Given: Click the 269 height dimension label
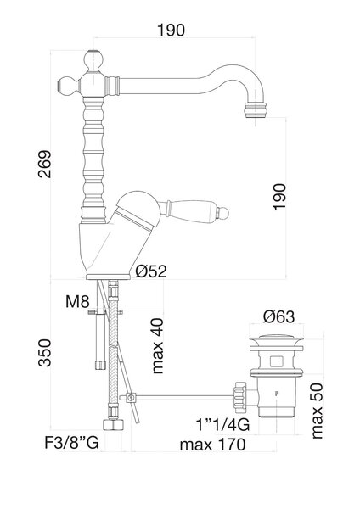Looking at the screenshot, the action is tap(44, 164).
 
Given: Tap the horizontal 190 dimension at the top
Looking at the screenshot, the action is tap(172, 30).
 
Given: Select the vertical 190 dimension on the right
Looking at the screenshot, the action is tap(279, 197).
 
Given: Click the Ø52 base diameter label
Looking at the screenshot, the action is tap(151, 271).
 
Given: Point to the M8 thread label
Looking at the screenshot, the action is tap(77, 301).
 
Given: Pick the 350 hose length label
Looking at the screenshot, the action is tap(44, 353).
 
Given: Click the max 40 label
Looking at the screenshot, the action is tap(158, 346).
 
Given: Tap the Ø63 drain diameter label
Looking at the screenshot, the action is tap(278, 316).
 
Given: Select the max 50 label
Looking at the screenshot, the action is tap(318, 411).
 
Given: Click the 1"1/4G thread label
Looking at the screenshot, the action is tap(222, 424).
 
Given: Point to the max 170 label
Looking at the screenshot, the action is tap(213, 445).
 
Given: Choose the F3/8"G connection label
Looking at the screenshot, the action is tap(71, 443).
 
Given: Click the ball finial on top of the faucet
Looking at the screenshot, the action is tap(93, 60).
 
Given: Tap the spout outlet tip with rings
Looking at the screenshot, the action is tap(255, 110).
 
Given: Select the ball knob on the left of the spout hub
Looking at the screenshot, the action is tap(68, 87).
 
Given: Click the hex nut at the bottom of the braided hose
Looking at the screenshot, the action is tap(113, 425).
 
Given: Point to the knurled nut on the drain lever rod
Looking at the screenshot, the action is tap(240, 397).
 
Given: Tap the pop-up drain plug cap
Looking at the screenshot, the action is tap(276, 340).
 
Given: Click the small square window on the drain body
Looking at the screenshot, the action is tap(276, 361).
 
